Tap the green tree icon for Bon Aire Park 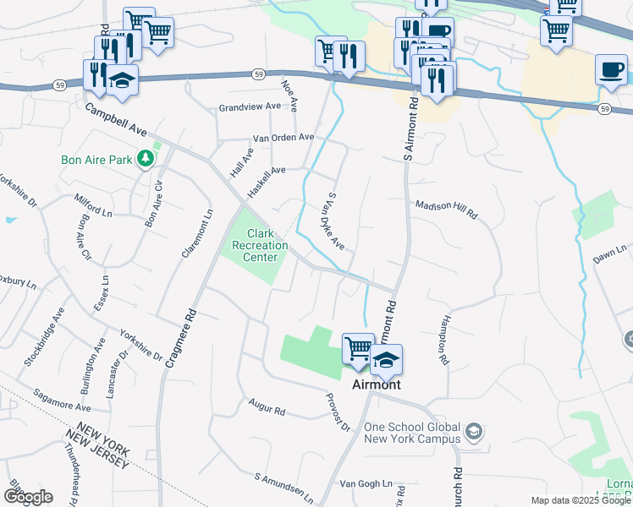(x=146, y=158)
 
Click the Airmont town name (x=376, y=384)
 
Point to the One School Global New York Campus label (x=411, y=433)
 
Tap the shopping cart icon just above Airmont (x=358, y=347)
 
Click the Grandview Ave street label (x=249, y=107)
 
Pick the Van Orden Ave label (x=283, y=137)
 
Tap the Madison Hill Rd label (x=446, y=210)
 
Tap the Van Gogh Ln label (x=366, y=484)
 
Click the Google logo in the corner (x=28, y=496)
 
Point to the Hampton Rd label (x=442, y=341)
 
